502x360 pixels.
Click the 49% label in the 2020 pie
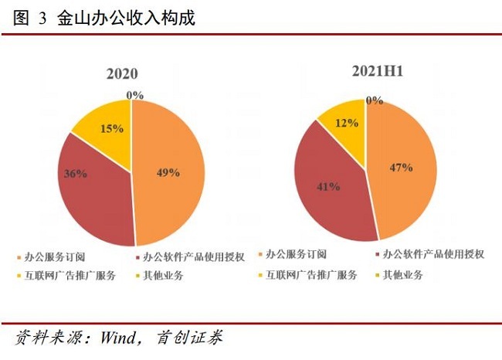point(168,172)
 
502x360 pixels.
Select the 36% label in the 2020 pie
point(75,175)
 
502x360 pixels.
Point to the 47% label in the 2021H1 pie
point(401,167)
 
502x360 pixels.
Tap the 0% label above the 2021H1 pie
point(375,100)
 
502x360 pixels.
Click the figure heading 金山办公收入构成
point(126,18)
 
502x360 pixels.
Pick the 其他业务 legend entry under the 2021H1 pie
point(405,275)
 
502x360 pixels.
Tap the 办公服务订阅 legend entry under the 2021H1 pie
point(297,254)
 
